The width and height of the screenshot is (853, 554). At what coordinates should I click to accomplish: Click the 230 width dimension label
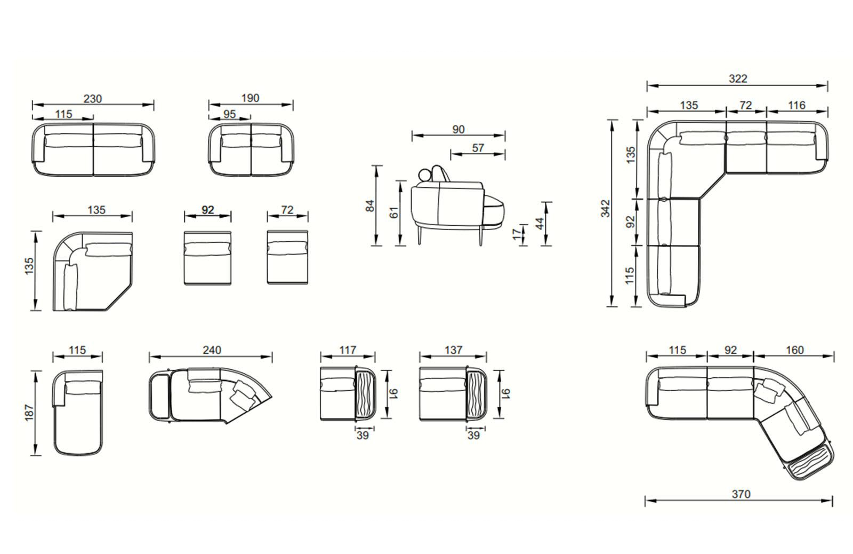(x=93, y=99)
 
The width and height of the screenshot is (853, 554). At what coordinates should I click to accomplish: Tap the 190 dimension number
(x=250, y=98)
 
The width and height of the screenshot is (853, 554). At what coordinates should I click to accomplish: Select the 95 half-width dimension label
(x=230, y=114)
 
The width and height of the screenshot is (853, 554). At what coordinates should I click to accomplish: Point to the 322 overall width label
(x=738, y=78)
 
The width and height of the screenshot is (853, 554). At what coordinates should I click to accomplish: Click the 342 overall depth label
(x=606, y=209)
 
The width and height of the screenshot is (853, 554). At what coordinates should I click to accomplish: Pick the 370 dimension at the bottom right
(x=741, y=494)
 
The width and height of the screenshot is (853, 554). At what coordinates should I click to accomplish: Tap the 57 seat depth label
(x=478, y=147)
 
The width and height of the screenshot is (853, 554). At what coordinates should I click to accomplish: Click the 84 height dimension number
(x=370, y=206)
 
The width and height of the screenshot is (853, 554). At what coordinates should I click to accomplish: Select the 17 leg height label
(x=517, y=234)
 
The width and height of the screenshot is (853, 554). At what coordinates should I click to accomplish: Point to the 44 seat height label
(x=540, y=224)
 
